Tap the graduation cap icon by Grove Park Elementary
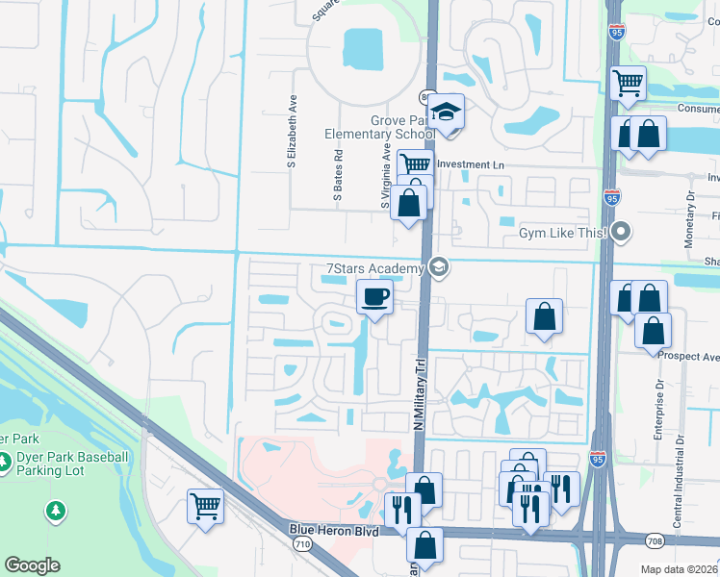coord(447,113)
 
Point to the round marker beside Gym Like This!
coord(622,231)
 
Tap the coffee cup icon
coord(374,297)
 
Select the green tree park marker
coord(56,510)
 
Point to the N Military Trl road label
coord(420,395)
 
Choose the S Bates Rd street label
coord(339,173)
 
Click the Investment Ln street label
coord(471,165)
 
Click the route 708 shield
coord(656,542)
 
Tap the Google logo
coord(32,565)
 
